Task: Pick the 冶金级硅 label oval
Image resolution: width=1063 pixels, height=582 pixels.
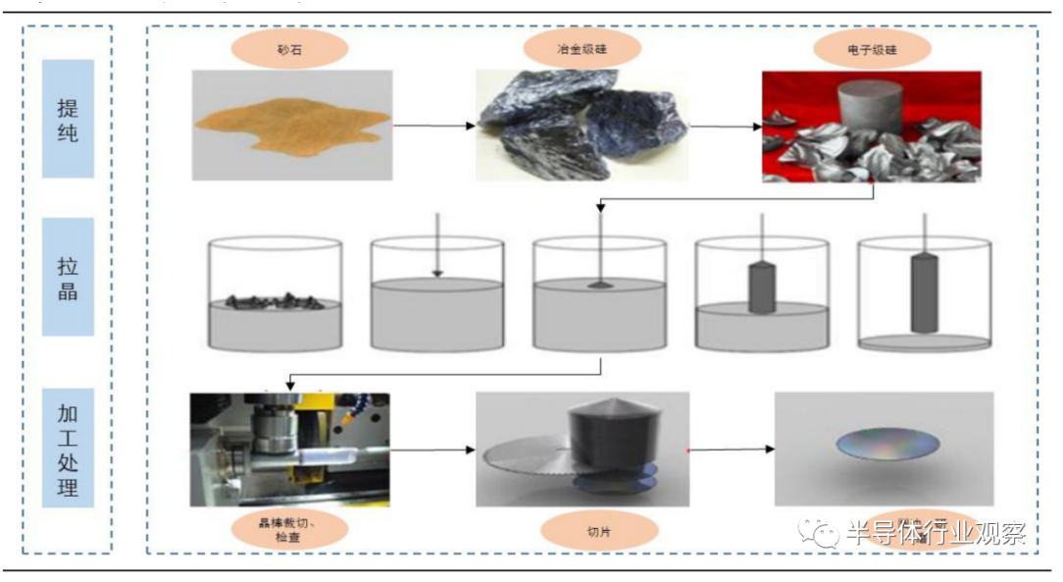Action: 582,46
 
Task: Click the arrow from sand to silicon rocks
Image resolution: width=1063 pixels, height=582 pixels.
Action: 434,127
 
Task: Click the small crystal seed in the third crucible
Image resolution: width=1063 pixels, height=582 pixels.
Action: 599,285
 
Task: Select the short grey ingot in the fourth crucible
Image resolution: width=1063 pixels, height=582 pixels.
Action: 762,287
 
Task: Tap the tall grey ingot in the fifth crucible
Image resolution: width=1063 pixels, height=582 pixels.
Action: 924,292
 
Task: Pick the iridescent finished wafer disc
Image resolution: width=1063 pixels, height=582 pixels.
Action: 886,447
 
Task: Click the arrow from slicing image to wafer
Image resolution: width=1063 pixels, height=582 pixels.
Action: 731,450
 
